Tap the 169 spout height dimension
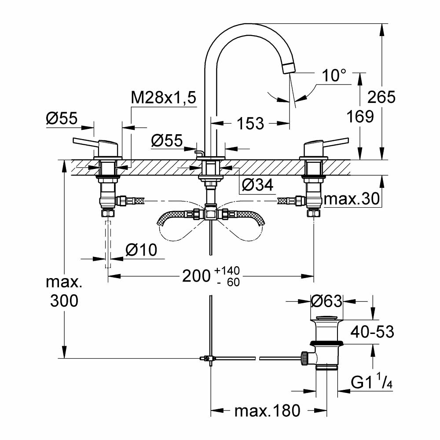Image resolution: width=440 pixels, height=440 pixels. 360,116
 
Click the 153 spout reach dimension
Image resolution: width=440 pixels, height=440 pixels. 250,123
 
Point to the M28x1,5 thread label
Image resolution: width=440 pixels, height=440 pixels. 163,98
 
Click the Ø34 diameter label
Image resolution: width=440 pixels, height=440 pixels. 257,185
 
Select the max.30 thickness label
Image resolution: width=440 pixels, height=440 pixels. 352,200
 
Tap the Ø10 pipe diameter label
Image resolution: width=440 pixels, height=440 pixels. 141,250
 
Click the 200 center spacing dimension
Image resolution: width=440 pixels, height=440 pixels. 196,276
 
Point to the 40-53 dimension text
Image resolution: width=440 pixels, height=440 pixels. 372,331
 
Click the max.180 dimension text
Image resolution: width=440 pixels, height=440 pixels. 267,411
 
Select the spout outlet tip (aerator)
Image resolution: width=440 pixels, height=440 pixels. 289,68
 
